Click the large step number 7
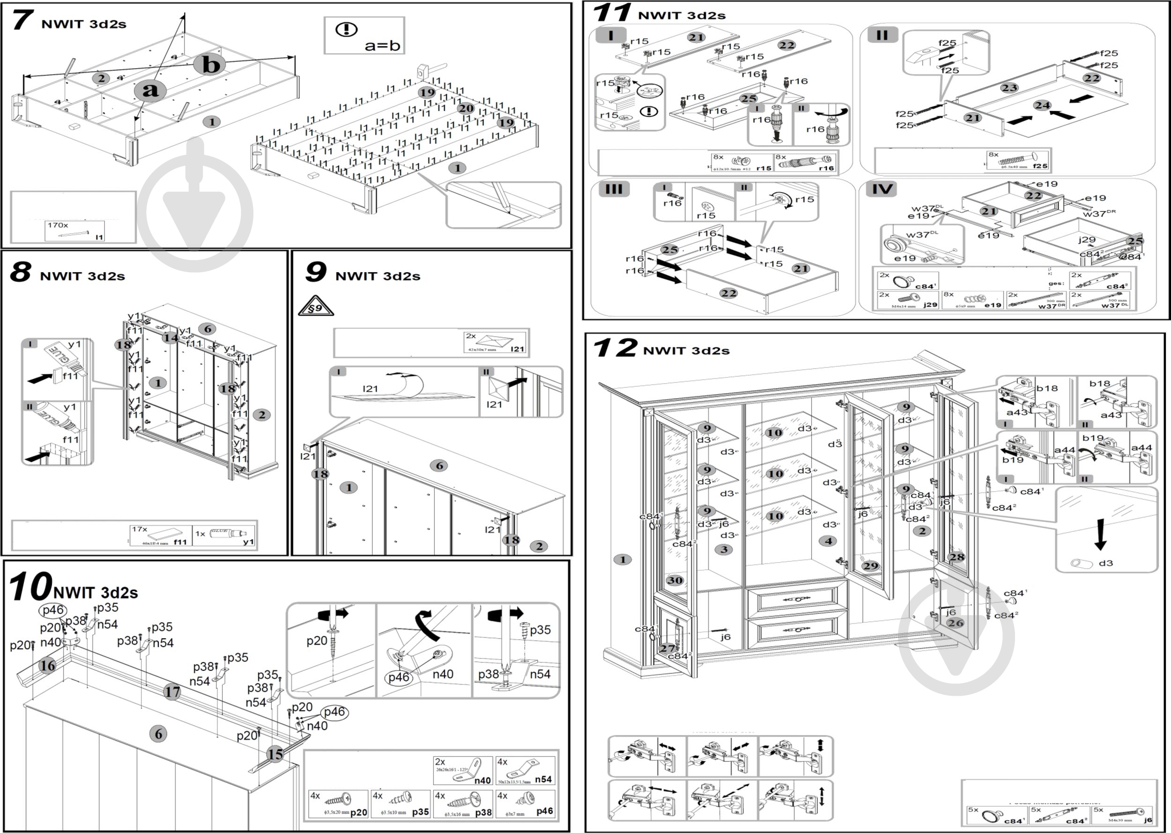[22, 21]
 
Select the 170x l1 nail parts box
[74, 231]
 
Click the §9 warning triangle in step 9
[315, 307]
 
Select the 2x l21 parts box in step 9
[495, 342]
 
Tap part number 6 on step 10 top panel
[158, 734]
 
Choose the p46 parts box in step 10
[526, 804]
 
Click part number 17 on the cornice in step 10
[172, 692]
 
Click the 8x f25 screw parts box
[1018, 160]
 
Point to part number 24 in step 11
[1042, 105]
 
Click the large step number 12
[614, 348]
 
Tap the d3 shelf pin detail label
[1105, 563]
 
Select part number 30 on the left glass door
[674, 580]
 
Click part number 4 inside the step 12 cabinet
[828, 541]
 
